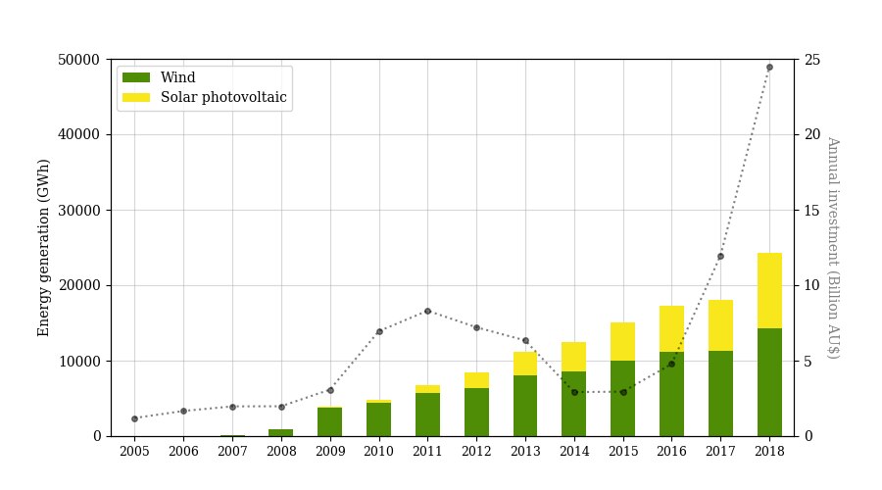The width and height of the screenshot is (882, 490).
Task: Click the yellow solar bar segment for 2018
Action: click(x=769, y=290)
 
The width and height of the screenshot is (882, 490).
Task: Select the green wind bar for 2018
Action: click(x=769, y=382)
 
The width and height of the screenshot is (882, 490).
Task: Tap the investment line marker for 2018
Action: click(x=769, y=68)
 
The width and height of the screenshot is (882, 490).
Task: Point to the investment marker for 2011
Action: click(x=427, y=312)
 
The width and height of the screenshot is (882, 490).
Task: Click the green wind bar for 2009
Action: click(x=330, y=421)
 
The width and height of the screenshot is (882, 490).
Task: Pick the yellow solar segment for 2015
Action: click(x=623, y=341)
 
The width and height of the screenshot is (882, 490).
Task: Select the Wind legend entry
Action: click(x=177, y=78)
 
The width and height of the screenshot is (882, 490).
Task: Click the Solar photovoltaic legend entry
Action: click(x=224, y=97)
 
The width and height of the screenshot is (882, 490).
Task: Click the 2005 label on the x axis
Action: click(x=134, y=452)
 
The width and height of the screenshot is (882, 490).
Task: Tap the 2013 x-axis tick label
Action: click(x=525, y=452)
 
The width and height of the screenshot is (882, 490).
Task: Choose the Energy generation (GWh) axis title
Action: click(x=44, y=247)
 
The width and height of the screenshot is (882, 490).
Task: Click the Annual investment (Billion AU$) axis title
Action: click(x=832, y=247)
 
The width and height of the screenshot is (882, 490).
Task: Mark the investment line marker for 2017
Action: click(x=720, y=257)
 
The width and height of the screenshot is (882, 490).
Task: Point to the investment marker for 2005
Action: click(x=134, y=418)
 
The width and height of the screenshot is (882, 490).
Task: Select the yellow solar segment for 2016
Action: click(x=672, y=328)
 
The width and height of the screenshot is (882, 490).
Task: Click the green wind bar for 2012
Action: click(x=476, y=412)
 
